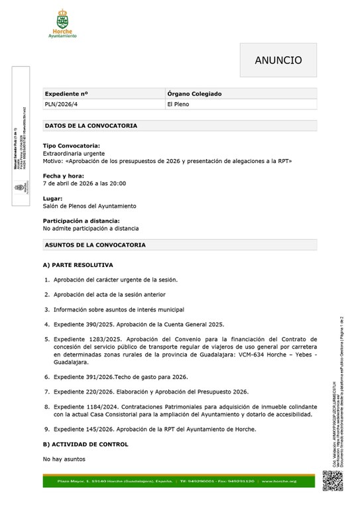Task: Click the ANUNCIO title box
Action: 278,60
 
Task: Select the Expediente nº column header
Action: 66,94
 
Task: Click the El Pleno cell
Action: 178,105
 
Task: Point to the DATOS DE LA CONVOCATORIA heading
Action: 91,125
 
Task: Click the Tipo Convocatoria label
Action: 72,145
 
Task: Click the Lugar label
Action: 53,198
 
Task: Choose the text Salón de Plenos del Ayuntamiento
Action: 90,206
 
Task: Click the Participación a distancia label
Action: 82,221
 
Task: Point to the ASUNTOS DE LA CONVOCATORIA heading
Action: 95,245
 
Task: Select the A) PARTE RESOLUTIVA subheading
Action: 78,265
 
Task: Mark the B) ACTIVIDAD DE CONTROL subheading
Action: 86,444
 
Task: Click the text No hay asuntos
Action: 64,459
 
